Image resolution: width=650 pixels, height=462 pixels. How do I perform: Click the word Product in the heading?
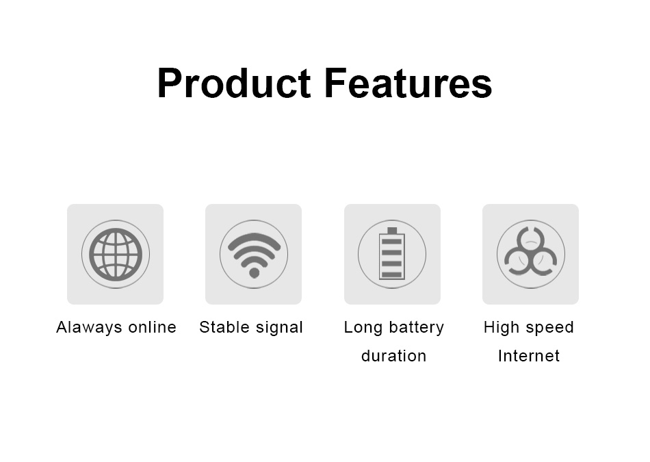point(234,84)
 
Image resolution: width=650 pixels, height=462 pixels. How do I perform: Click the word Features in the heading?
point(408,84)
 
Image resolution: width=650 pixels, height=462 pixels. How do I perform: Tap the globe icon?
point(116,254)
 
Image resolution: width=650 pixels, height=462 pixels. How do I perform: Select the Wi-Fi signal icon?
point(254,254)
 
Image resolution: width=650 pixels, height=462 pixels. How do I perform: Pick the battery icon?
point(392,254)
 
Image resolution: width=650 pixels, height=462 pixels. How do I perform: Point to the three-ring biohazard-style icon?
point(530,254)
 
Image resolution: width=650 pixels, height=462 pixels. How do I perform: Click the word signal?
point(279,327)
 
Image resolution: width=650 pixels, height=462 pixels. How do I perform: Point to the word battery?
point(416,327)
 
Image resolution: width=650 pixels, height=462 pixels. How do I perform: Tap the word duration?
point(393,356)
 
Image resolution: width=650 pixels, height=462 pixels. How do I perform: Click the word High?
point(502,327)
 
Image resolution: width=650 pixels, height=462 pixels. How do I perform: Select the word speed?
point(549,327)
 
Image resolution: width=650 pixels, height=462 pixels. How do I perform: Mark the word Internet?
point(529,356)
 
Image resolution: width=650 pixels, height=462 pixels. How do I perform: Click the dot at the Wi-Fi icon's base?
point(254,273)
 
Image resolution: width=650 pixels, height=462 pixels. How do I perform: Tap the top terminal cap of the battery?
point(392,231)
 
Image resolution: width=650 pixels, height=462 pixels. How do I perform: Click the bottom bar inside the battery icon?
point(392,274)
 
